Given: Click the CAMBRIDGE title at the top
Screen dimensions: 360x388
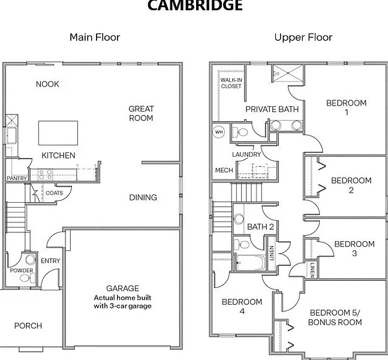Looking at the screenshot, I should coord(194,5).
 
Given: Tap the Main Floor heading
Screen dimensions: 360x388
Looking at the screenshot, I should coord(95,37).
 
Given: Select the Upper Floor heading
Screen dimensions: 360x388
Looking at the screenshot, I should coord(303,37).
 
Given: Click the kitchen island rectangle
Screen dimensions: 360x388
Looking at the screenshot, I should coord(58,133).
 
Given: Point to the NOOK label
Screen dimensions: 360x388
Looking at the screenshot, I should coord(47,84).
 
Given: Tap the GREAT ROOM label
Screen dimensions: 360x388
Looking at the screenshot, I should coord(141,113).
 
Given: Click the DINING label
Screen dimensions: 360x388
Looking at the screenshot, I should coord(143,197).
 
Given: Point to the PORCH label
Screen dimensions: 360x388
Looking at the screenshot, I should coord(28,326).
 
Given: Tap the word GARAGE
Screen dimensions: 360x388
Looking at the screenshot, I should coord(122,288).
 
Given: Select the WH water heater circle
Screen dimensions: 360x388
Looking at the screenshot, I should coord(218,131).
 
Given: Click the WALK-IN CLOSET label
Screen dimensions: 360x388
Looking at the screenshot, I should coord(231,83).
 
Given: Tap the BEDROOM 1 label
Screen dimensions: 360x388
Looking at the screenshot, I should coord(346,107).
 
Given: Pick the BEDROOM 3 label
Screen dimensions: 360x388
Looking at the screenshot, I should coord(354,248).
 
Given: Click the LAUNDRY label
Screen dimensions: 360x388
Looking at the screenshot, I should coord(246,154).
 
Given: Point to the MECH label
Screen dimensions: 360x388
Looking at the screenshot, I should coord(224,170).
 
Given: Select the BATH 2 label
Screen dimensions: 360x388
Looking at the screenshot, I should coord(260,227).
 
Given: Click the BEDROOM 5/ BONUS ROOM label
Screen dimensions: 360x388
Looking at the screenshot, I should coord(335,317).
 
